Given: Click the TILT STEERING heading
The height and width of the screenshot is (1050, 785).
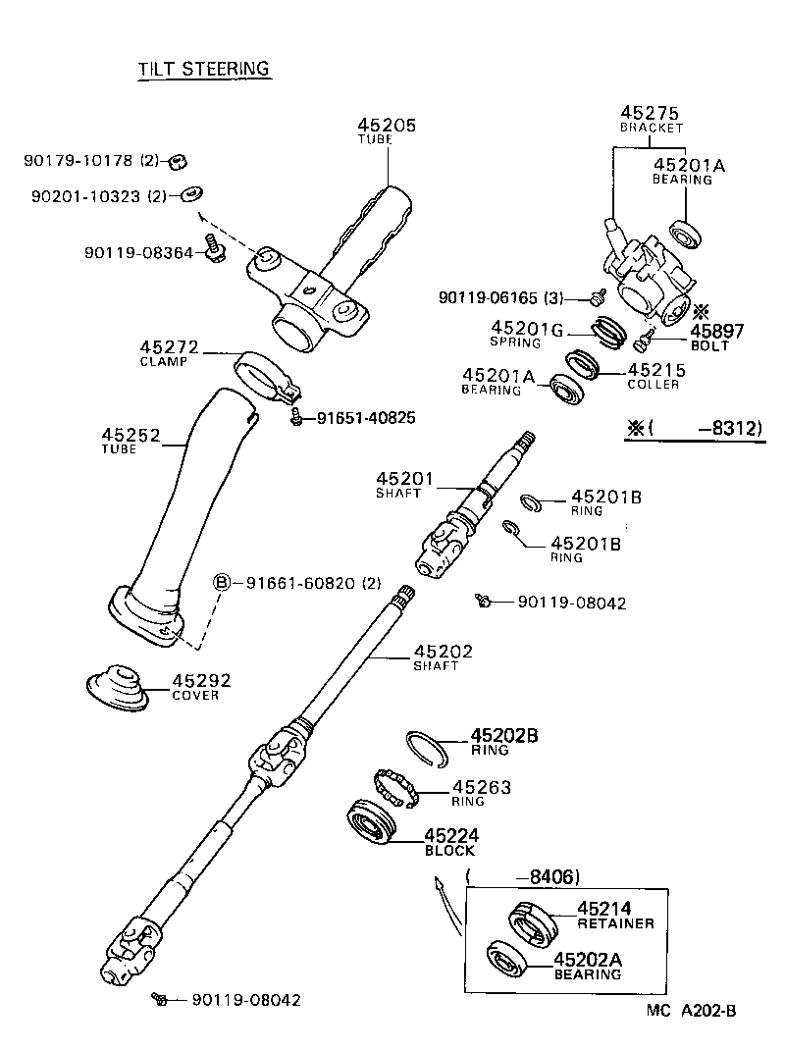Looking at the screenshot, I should point(202,68).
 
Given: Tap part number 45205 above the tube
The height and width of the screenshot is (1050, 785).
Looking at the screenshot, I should point(387,126).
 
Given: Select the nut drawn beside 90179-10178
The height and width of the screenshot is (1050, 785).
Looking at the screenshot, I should point(178,161).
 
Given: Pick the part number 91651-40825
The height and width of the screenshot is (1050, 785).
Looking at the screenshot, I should point(365,418).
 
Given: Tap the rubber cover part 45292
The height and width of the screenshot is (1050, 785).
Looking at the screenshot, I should point(115,688).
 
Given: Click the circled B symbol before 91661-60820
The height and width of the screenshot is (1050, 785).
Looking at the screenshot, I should point(222,583).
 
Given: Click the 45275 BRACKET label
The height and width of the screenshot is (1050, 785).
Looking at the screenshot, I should point(651,119).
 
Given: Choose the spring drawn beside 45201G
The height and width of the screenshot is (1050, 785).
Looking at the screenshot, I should point(609,334).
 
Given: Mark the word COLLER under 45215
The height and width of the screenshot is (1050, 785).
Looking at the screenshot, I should point(653,385).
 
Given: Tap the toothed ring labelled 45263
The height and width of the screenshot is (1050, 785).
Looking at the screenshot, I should point(396,788).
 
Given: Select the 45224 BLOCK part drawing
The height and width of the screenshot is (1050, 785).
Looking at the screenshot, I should point(374,823).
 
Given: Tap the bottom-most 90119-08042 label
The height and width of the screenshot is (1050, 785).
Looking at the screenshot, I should point(245,1000).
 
